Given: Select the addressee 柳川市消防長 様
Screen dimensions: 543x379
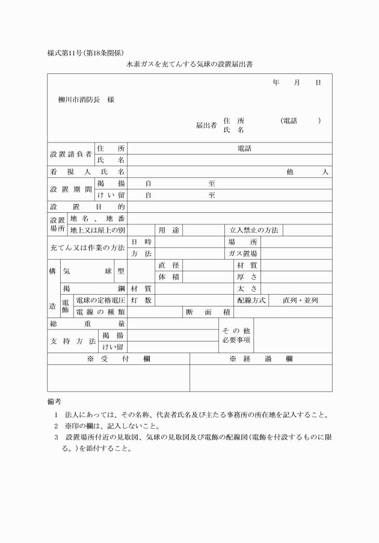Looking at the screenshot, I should coord(86,100).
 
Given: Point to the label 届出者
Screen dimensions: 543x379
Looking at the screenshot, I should coord(206,125).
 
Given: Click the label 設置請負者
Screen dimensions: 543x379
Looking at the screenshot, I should coord(70,154).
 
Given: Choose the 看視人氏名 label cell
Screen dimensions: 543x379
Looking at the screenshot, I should coord(87,171).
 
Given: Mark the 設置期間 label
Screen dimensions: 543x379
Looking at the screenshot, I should coord(70,189).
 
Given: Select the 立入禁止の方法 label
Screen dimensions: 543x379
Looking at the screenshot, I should coord(254,230).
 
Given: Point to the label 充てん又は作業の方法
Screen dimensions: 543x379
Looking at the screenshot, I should coord(87,248).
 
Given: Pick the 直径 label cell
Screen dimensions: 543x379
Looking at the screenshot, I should coord(169,265).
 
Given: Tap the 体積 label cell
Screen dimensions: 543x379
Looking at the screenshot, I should coord(169,277).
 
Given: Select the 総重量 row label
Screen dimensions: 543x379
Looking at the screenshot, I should coord(87,324).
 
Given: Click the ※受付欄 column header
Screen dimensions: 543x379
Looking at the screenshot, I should coord(119,359).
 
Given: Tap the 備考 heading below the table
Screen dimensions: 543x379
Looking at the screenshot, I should coord(54,400).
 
